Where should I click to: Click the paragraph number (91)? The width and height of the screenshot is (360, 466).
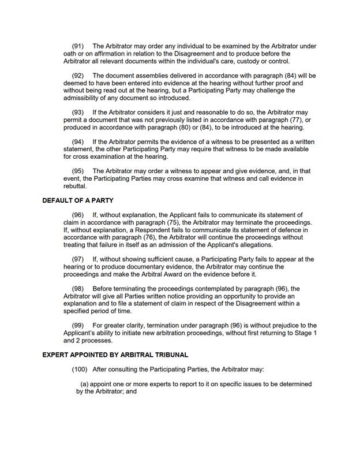pos(78,46)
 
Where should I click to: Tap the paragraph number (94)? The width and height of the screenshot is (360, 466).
pos(78,142)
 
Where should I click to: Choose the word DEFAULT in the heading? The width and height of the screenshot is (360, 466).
pos(59,201)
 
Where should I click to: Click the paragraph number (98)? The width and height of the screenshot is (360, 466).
pos(78,288)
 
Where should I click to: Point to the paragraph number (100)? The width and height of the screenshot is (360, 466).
pos(80,369)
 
